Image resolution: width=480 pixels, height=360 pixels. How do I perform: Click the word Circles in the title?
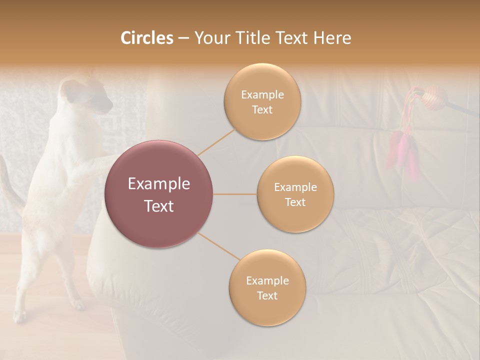(146, 38)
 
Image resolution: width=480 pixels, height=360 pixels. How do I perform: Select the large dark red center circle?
(159, 194)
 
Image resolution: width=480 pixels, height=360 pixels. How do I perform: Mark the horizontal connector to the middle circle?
(235, 194)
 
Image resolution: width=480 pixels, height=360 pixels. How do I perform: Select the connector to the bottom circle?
(218, 246)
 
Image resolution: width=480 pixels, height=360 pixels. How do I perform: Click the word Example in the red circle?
(159, 184)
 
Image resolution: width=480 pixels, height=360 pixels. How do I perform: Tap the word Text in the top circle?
(262, 109)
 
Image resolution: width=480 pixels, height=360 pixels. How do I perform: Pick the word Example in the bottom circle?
(267, 280)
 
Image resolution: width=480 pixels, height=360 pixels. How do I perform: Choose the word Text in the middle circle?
(295, 202)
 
